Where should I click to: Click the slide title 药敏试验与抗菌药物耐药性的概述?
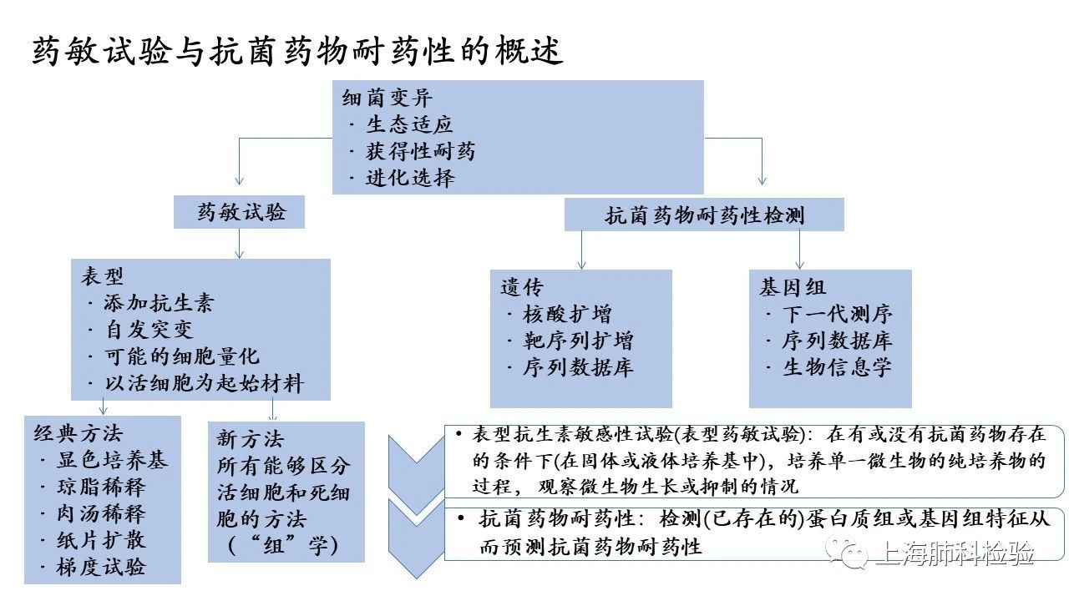pos(297,52)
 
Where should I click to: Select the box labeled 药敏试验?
pos(240,212)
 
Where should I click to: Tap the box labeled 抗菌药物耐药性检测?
pos(704,215)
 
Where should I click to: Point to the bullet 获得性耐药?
pos(420,151)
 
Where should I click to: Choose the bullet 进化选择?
pos(409,178)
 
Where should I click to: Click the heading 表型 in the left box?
pos(102,276)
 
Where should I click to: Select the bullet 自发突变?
pos(148,330)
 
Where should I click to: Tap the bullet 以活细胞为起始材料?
pos(202,383)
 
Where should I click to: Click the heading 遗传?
pos(522,287)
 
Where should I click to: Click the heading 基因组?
pos(793,287)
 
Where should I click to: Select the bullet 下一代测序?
pos(837,314)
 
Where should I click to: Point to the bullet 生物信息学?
pos(837,367)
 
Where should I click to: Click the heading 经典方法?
pos(78,433)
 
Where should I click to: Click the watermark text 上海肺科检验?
pos(955,553)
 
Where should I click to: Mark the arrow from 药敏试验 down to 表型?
pos(240,243)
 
